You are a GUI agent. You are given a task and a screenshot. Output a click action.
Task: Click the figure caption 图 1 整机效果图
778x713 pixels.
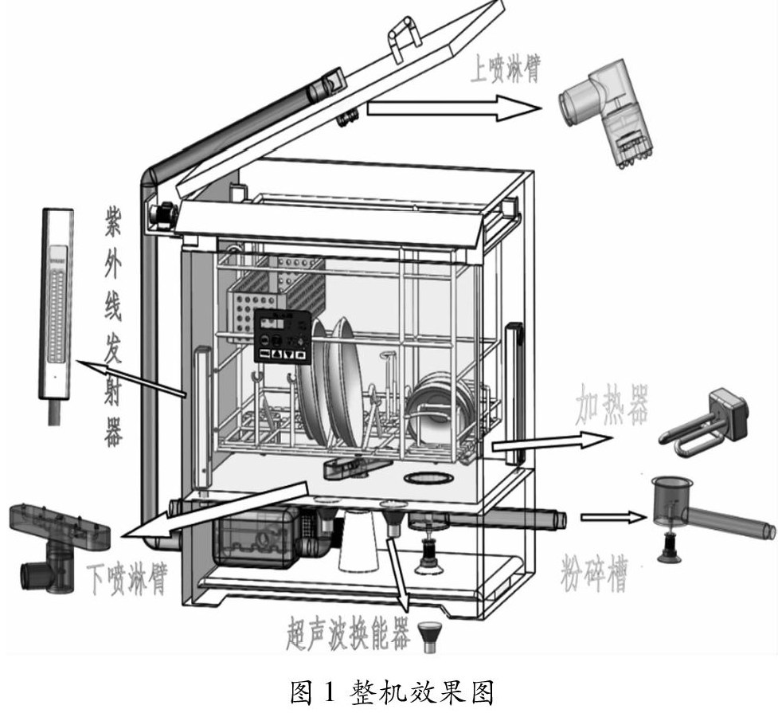point(389,690)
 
